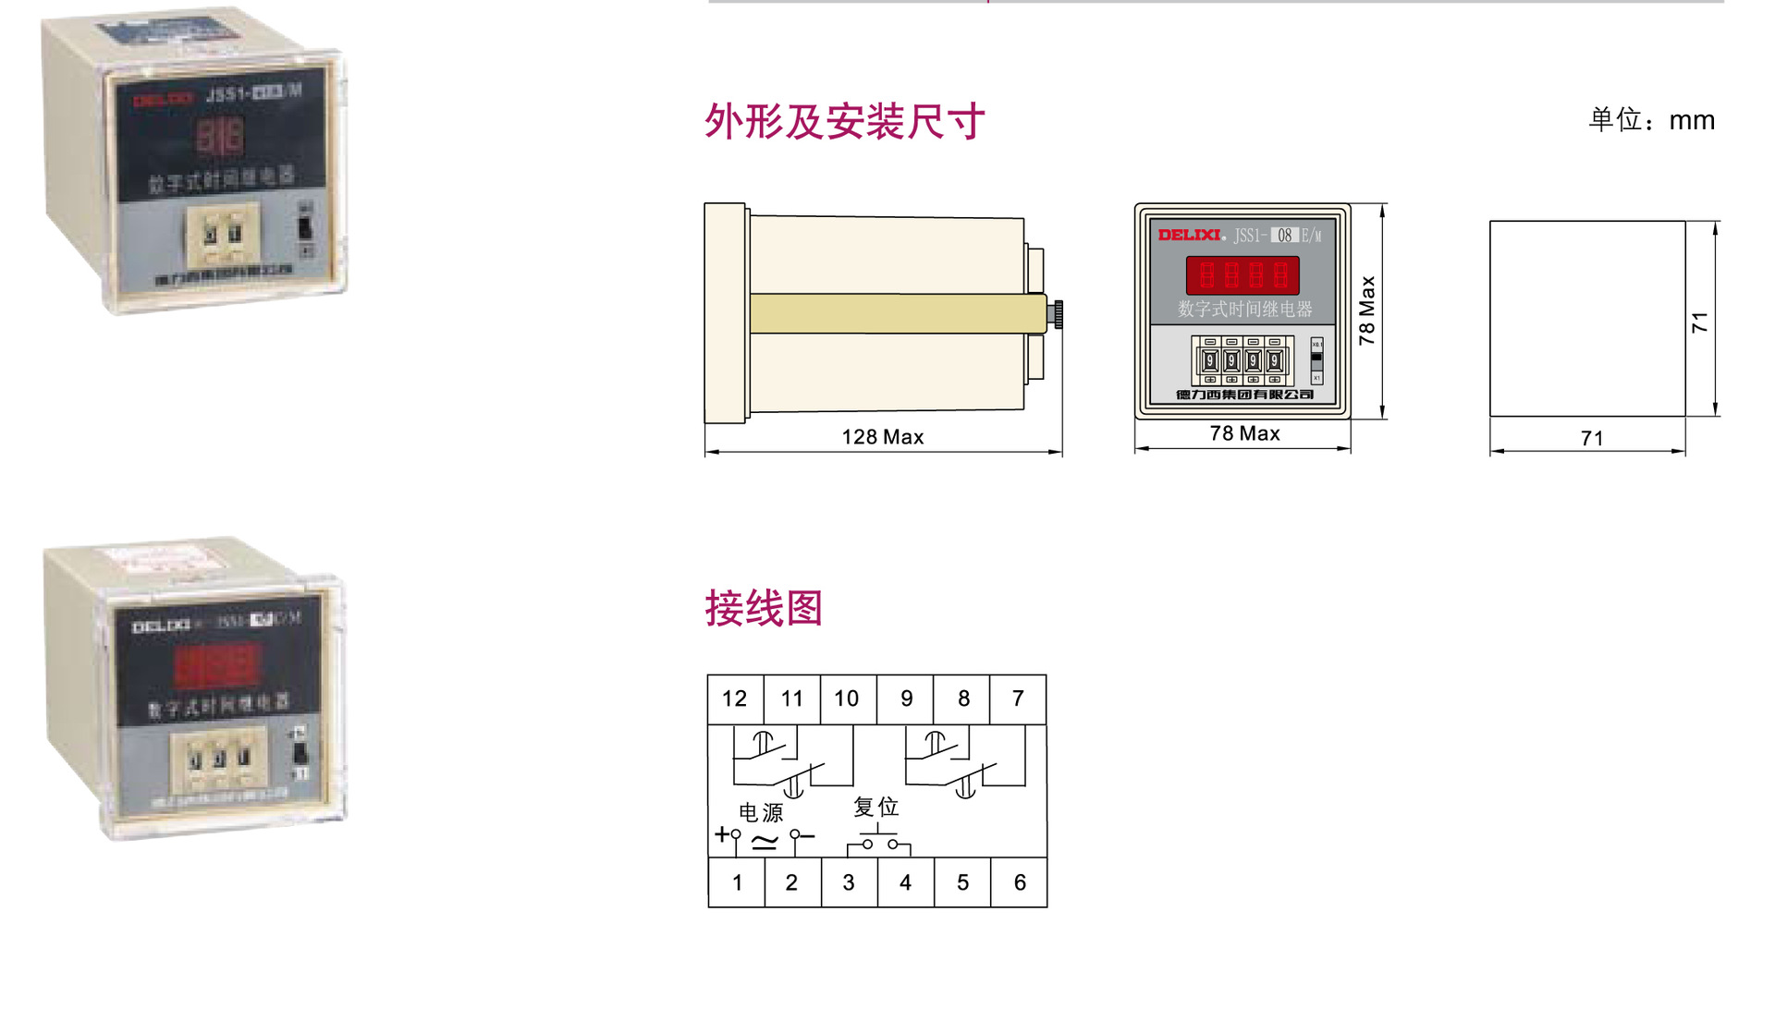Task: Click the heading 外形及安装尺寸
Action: tap(844, 121)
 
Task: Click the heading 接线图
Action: tap(764, 608)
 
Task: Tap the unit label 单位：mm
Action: tap(1651, 120)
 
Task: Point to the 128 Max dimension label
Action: tap(882, 437)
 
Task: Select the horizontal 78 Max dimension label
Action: tap(1244, 433)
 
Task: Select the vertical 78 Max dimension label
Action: tap(1367, 310)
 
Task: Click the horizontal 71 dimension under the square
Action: tap(1591, 438)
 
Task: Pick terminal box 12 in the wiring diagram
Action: tap(735, 699)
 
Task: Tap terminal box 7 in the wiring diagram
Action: tap(1018, 699)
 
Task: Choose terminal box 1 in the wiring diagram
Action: tap(737, 882)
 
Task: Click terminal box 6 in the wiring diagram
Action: tap(1019, 882)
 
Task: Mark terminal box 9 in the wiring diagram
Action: tap(906, 699)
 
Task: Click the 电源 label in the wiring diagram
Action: tap(761, 812)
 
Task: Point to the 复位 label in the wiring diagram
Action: tap(875, 807)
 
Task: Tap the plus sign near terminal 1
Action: tap(721, 834)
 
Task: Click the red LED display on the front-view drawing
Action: tap(1242, 275)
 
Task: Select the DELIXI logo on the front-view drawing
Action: tap(1189, 236)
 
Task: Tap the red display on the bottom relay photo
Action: tap(218, 665)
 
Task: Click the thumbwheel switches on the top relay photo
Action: tap(223, 233)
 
